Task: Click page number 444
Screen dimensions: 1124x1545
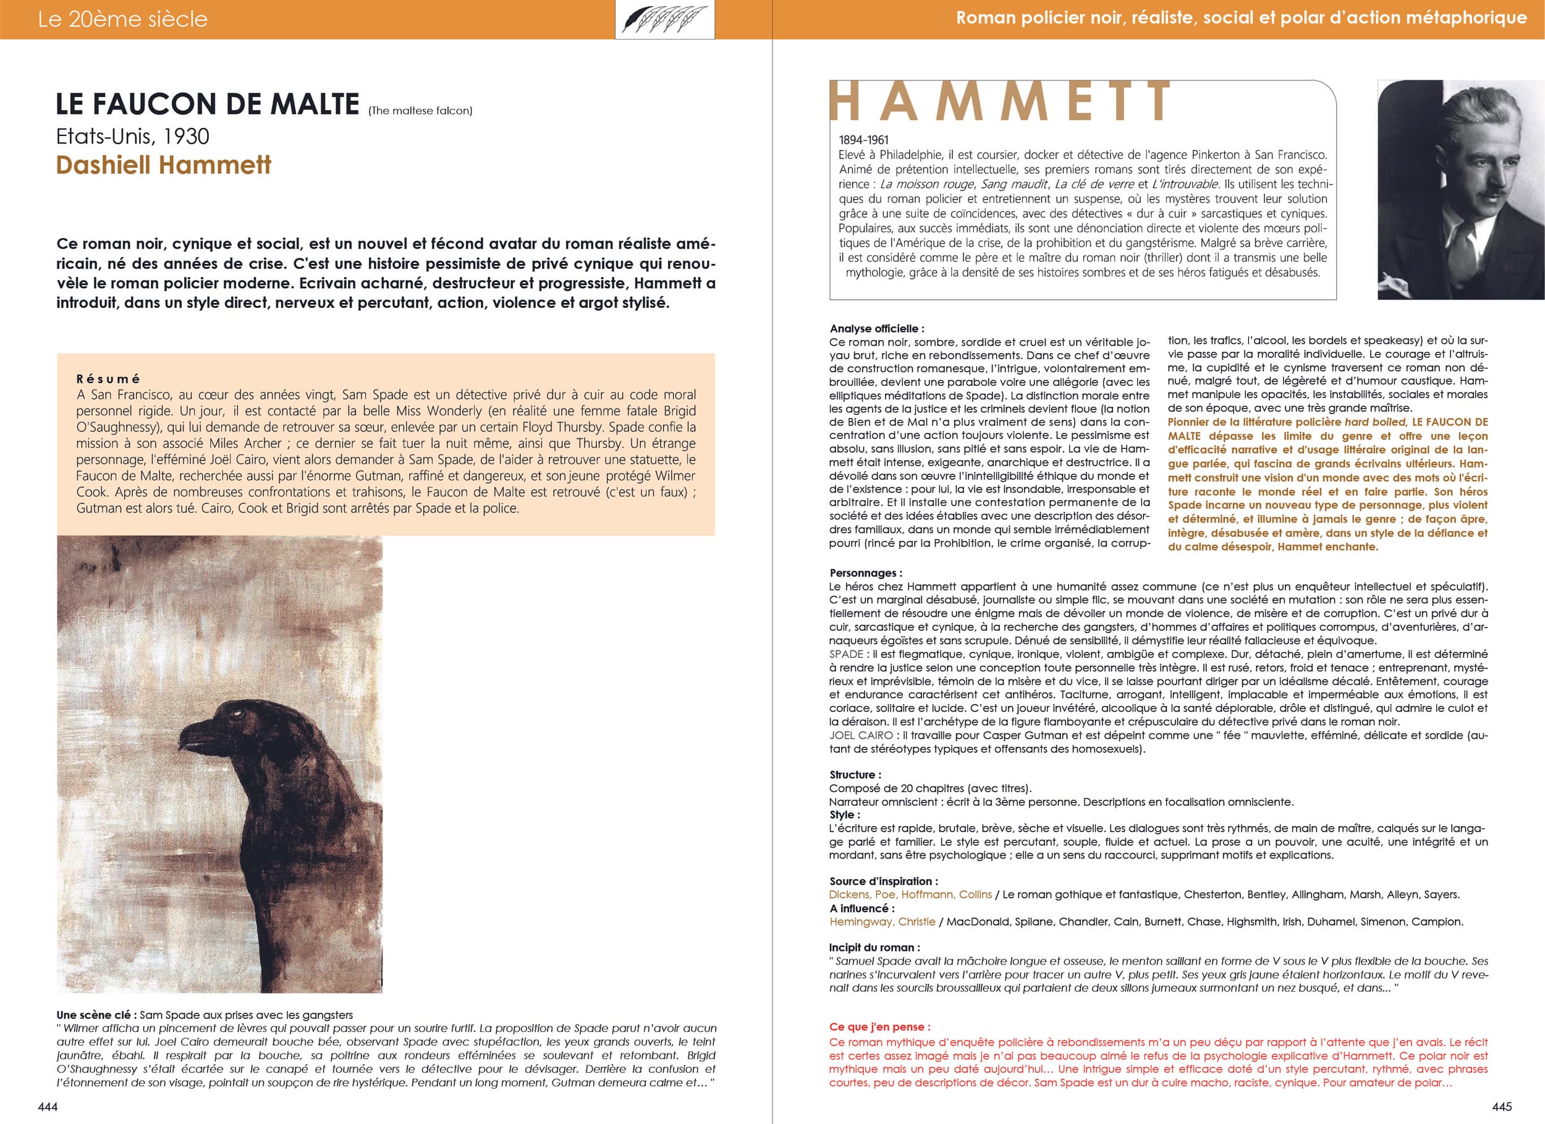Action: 48,1106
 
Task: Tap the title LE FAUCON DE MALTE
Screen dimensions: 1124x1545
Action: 208,104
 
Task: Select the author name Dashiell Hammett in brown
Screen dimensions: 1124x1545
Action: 164,165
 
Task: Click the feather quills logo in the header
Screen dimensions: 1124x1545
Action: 664,19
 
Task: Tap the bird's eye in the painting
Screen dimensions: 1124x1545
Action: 239,713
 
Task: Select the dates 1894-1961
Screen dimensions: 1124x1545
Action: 864,140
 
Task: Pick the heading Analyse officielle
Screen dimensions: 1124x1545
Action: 877,328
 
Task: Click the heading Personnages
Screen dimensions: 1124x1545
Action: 866,573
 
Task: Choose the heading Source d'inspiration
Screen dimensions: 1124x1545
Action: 884,882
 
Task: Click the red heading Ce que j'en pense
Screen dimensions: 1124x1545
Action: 879,1026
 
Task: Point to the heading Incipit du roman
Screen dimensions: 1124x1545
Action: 874,947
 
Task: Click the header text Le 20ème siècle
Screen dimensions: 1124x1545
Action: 122,19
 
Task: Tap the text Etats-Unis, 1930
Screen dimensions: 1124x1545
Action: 133,136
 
